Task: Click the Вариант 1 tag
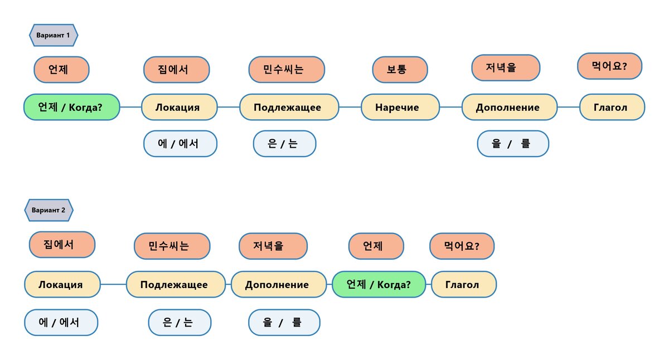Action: [53, 35]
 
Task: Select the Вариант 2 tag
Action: [49, 210]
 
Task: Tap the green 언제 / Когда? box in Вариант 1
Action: [71, 107]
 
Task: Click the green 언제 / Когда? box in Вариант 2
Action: [379, 285]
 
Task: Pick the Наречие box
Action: [397, 107]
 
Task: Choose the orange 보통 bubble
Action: [400, 70]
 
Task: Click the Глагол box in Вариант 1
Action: [612, 107]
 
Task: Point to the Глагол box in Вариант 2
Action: [463, 285]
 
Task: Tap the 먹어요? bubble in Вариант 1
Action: [609, 66]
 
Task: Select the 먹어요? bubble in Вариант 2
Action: [462, 246]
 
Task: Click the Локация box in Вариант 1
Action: [178, 107]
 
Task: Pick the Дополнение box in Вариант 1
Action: [509, 107]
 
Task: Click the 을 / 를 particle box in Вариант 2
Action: [284, 322]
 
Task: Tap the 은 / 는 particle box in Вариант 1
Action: [284, 144]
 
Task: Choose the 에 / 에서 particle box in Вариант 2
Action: [61, 322]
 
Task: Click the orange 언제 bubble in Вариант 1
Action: [61, 70]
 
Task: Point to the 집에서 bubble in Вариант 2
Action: [61, 245]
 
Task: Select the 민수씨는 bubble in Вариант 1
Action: [286, 70]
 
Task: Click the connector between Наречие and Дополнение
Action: [450, 107]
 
